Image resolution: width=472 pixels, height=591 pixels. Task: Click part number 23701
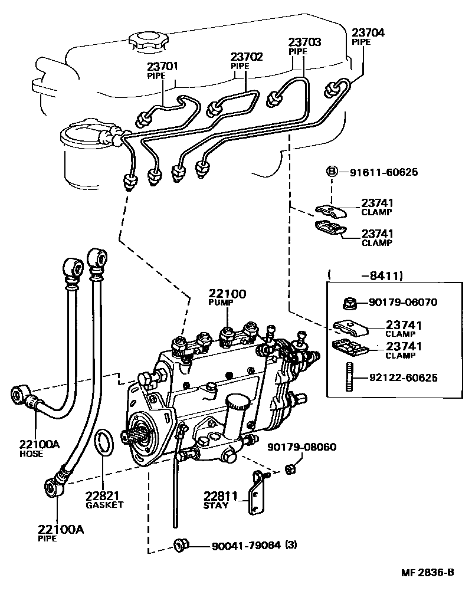(x=162, y=67)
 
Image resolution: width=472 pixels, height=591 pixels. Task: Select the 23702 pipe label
(x=246, y=57)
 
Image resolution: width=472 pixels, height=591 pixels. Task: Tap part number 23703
(x=304, y=42)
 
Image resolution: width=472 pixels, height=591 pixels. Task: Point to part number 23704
(x=368, y=33)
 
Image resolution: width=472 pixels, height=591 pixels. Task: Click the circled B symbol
(x=332, y=172)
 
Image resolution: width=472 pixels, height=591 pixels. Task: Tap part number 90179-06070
(x=404, y=303)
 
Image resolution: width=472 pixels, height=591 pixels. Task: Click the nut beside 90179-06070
(x=348, y=303)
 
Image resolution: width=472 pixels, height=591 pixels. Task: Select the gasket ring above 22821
(x=104, y=444)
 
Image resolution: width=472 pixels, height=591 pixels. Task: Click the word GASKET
(x=104, y=505)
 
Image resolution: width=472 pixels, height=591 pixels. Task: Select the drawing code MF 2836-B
(x=428, y=572)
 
